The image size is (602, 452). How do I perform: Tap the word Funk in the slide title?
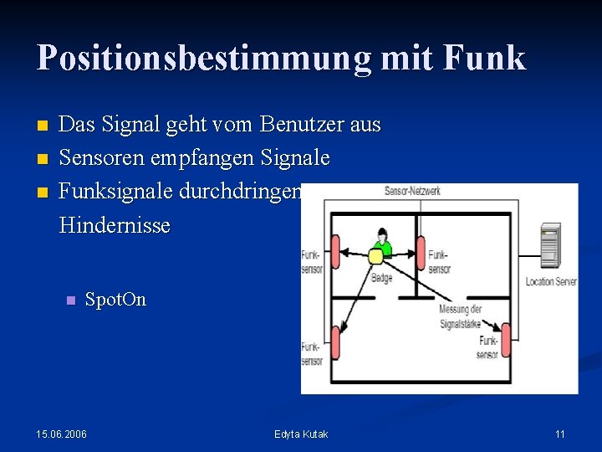coord(485,59)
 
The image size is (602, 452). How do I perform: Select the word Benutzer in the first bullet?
coord(298,126)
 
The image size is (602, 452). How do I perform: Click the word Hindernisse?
coord(115,225)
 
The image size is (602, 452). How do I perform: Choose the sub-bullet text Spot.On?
coord(115,300)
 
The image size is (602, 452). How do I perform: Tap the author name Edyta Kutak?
coord(301,434)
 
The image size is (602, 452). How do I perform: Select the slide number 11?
coord(559,434)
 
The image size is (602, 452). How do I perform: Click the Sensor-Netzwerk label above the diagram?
coord(412,191)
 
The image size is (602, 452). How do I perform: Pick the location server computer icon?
coord(551,245)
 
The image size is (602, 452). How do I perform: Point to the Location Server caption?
coord(551,282)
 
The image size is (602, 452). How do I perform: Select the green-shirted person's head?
coord(383,234)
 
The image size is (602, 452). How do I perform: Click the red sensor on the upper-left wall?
coord(335,252)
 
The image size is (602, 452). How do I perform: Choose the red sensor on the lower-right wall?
coord(503,342)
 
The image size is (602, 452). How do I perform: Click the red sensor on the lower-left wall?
coord(334,343)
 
